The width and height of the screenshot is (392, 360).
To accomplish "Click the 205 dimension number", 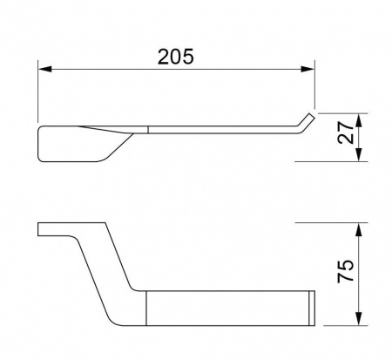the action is point(175,57).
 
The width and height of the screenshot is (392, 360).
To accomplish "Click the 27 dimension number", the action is point(346,132).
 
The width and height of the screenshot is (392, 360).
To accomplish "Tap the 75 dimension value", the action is point(346,271).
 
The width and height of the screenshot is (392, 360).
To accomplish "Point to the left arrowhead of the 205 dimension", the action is point(44,69).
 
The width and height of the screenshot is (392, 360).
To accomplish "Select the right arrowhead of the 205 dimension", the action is point(308,69).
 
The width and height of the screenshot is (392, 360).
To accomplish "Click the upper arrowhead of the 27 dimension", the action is point(359,120).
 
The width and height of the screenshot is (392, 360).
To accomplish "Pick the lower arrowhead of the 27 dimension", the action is point(359,154).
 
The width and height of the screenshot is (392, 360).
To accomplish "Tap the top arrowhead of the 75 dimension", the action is point(359,230).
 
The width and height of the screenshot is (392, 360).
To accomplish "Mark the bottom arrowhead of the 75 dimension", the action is point(359,319).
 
